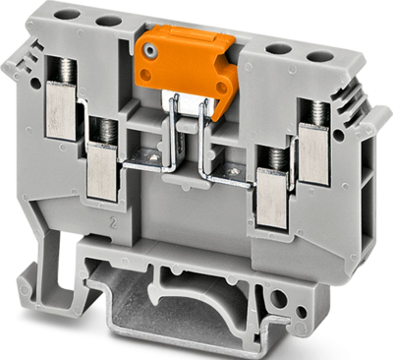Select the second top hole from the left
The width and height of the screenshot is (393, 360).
[x=108, y=21]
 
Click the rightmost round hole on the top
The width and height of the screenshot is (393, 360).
[x=317, y=55]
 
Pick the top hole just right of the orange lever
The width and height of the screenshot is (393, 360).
[x=280, y=48]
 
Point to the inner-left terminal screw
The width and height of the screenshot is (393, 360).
[x=103, y=131]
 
